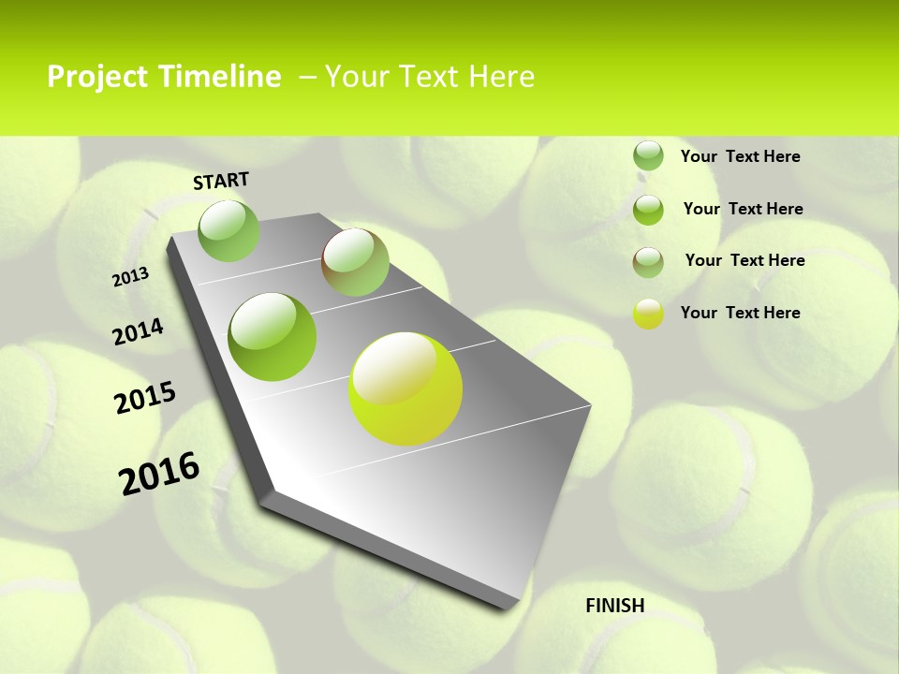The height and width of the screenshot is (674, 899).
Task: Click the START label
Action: coord(221,181)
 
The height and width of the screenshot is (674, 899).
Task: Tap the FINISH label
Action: coord(615,606)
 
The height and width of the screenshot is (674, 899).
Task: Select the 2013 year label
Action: coord(131,277)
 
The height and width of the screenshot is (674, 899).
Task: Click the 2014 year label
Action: coord(139,332)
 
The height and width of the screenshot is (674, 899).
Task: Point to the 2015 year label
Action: coord(145,398)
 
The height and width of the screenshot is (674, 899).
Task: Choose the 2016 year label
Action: coord(159,474)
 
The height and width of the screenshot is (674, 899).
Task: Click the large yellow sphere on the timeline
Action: coord(405,388)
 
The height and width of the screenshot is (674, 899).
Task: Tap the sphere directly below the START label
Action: coord(229,231)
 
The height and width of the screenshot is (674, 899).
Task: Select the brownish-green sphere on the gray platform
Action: coord(355,262)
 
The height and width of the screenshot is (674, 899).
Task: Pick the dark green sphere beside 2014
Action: coord(273,337)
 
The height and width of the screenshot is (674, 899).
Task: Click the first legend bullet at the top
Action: coord(648,155)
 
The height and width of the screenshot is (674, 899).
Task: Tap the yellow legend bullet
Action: coord(648,314)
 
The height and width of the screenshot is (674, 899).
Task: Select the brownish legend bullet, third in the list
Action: coord(648,262)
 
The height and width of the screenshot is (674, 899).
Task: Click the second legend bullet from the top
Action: coord(648,210)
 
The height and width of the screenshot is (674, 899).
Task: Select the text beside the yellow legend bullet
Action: coord(740,313)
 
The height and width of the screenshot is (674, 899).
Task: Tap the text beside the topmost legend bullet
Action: coord(740,156)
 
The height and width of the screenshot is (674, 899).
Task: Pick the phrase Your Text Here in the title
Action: coord(430,77)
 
